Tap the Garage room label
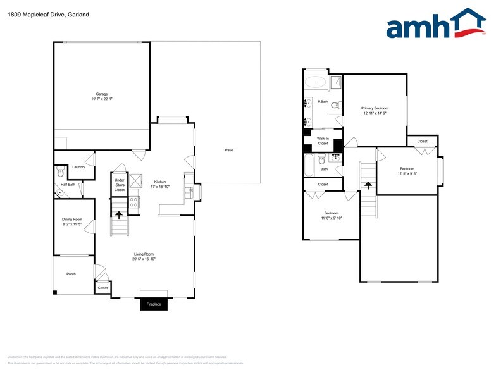click(x=101, y=94)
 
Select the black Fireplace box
click(x=154, y=304)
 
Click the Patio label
click(x=228, y=150)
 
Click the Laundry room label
click(x=78, y=167)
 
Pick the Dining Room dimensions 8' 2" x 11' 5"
click(x=72, y=224)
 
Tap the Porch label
click(x=71, y=274)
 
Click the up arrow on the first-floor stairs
click(x=118, y=214)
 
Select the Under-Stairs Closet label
click(x=120, y=185)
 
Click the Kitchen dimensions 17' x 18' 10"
click(x=160, y=187)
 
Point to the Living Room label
click(x=144, y=254)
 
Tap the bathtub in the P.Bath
click(x=315, y=82)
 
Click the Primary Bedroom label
click(x=375, y=108)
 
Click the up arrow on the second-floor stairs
click(x=368, y=185)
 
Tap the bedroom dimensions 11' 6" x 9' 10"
click(x=331, y=218)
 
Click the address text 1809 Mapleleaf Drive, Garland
click(x=48, y=14)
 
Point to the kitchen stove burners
click(x=133, y=202)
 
